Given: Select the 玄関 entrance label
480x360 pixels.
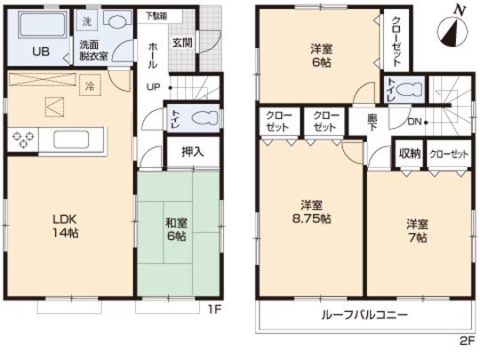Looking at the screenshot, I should [182, 43].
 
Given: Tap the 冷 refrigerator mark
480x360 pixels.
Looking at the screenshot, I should [89, 86].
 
